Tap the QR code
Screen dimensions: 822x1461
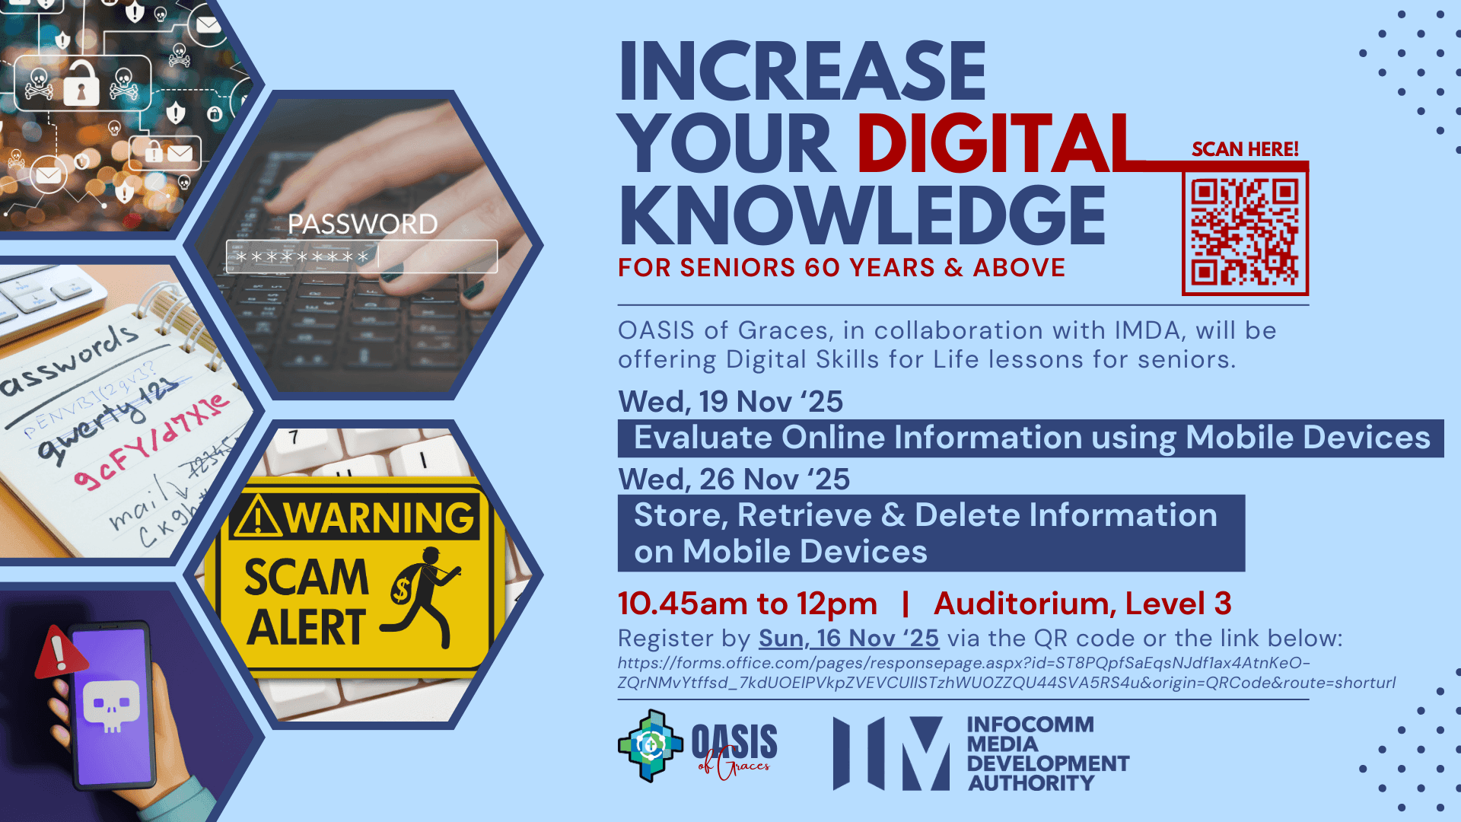click(1245, 231)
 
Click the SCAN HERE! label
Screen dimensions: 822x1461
click(1245, 149)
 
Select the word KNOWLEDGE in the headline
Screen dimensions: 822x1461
click(862, 216)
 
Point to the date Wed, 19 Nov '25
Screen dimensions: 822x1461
click(730, 401)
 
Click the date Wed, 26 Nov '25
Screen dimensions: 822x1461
click(734, 479)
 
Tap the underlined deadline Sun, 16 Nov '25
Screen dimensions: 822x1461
click(848, 638)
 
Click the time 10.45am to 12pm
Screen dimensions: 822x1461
click(747, 604)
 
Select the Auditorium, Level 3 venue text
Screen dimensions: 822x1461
click(1082, 604)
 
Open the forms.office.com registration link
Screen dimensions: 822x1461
click(1006, 673)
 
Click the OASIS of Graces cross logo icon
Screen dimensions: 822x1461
click(650, 746)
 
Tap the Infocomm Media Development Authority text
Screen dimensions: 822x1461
click(1047, 753)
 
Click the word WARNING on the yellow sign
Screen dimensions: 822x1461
click(378, 518)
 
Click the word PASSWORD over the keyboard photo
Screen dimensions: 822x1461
click(362, 224)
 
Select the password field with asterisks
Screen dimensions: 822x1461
click(361, 256)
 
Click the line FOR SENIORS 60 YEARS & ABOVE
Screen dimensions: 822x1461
click(842, 268)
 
